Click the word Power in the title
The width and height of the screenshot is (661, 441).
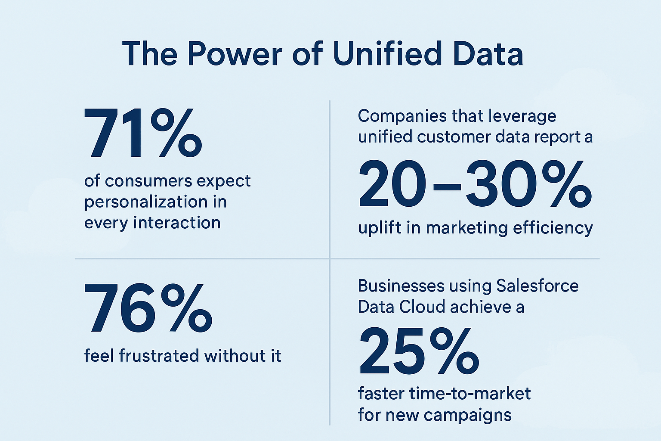[x=235, y=54]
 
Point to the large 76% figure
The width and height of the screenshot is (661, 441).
[x=148, y=308]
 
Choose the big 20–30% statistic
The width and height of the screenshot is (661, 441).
[x=475, y=184]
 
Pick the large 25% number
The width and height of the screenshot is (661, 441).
[x=418, y=351]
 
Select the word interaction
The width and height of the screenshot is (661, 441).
[x=177, y=223]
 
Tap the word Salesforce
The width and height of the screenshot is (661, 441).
[x=537, y=286]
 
